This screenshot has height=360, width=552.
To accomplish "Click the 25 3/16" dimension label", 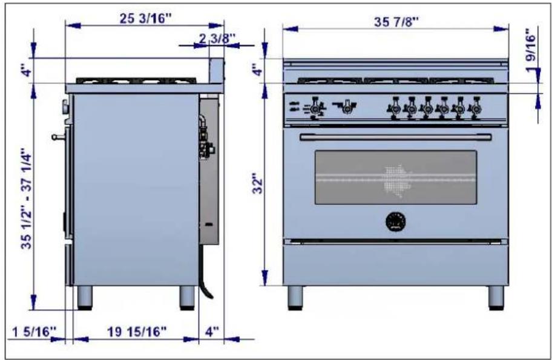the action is [x=145, y=19].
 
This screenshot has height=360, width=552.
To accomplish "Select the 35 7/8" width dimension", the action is [x=396, y=22].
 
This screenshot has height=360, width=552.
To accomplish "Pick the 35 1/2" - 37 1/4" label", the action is [x=27, y=201].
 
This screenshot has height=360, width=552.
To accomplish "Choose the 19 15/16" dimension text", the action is [x=137, y=331].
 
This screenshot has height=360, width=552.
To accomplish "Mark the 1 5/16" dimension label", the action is [x=34, y=332].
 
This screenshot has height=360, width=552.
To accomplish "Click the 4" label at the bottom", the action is [x=212, y=331].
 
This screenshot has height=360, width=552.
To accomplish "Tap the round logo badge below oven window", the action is [x=396, y=221].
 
